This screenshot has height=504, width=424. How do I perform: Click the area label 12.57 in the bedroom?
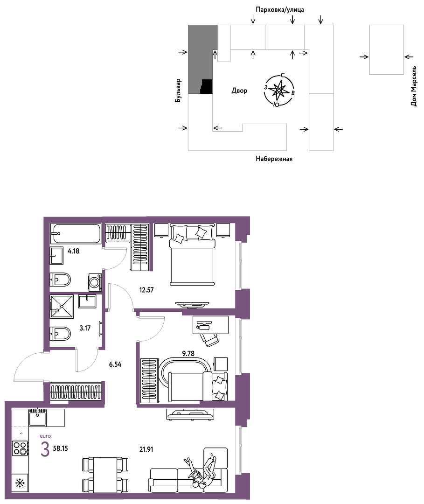coord(146,290)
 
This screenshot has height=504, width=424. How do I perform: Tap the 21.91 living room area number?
coord(146,449)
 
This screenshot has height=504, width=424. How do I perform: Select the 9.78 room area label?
coord(188,354)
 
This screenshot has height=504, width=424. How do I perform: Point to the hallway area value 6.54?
coord(115,364)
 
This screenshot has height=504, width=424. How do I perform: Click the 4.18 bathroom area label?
coord(74,251)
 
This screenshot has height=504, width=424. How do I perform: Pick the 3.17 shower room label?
coord(85,328)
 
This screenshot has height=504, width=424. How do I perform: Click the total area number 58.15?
coord(60,448)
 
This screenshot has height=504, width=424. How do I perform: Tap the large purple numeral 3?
coord(45,449)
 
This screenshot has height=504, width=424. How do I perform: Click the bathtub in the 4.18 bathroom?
coord(76,233)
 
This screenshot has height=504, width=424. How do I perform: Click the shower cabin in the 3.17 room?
coord(62,307)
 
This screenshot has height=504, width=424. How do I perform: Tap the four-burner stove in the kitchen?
coord(20,448)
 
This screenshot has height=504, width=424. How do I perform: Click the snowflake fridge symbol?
coord(20,483)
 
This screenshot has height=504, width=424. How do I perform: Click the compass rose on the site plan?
coord(279,91)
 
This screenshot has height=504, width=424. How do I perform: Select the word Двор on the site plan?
coord(239,91)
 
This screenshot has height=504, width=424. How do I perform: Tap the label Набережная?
coord(274,159)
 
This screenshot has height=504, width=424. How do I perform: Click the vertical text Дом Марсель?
coord(414,86)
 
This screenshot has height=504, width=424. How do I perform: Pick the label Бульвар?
coord(178,91)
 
